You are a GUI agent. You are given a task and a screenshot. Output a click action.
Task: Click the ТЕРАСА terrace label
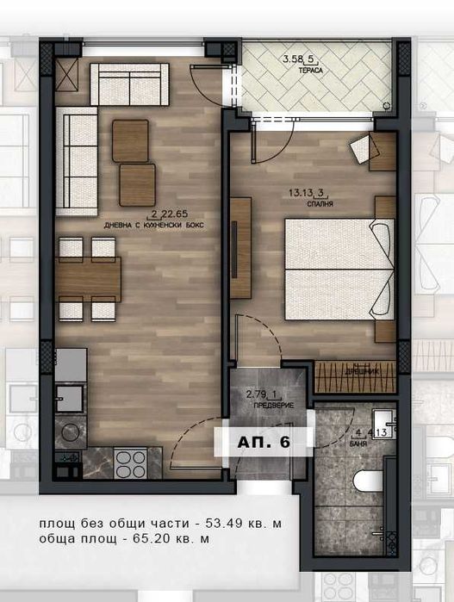(x=312, y=70)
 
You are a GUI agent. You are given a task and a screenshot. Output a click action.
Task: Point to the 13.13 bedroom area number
(x=303, y=195)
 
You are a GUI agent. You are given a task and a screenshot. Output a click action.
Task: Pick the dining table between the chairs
(x=88, y=277)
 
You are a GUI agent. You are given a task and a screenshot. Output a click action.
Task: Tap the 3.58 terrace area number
(x=295, y=59)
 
